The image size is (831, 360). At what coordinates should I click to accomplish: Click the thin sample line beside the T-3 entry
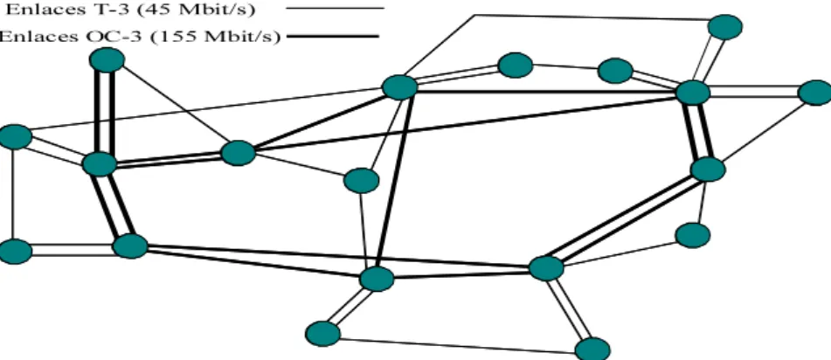[x=335, y=9]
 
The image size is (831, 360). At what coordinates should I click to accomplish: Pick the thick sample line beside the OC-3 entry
[x=332, y=37]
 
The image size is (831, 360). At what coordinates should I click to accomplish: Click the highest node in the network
[x=725, y=27]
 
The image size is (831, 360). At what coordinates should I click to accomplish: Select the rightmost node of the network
[x=814, y=93]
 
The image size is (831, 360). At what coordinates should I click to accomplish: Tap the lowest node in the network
[x=592, y=350]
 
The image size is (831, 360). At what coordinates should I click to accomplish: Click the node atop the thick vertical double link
[x=107, y=60]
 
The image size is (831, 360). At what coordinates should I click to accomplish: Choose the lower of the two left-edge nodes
[x=15, y=252]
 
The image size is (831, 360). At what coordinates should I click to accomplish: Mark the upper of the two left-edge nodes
[x=15, y=137]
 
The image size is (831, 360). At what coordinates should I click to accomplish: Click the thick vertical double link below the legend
[x=104, y=112]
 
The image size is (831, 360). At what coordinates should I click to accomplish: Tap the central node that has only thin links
[x=362, y=181]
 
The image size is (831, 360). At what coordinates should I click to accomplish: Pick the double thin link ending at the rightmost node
[x=753, y=92]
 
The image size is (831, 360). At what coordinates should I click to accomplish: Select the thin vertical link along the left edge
[x=13, y=194]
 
